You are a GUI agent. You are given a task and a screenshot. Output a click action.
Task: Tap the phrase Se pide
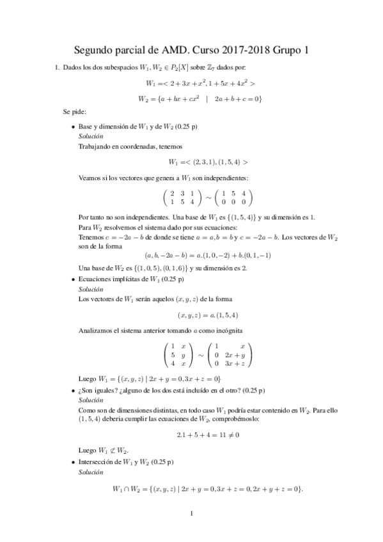[x=71, y=112]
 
